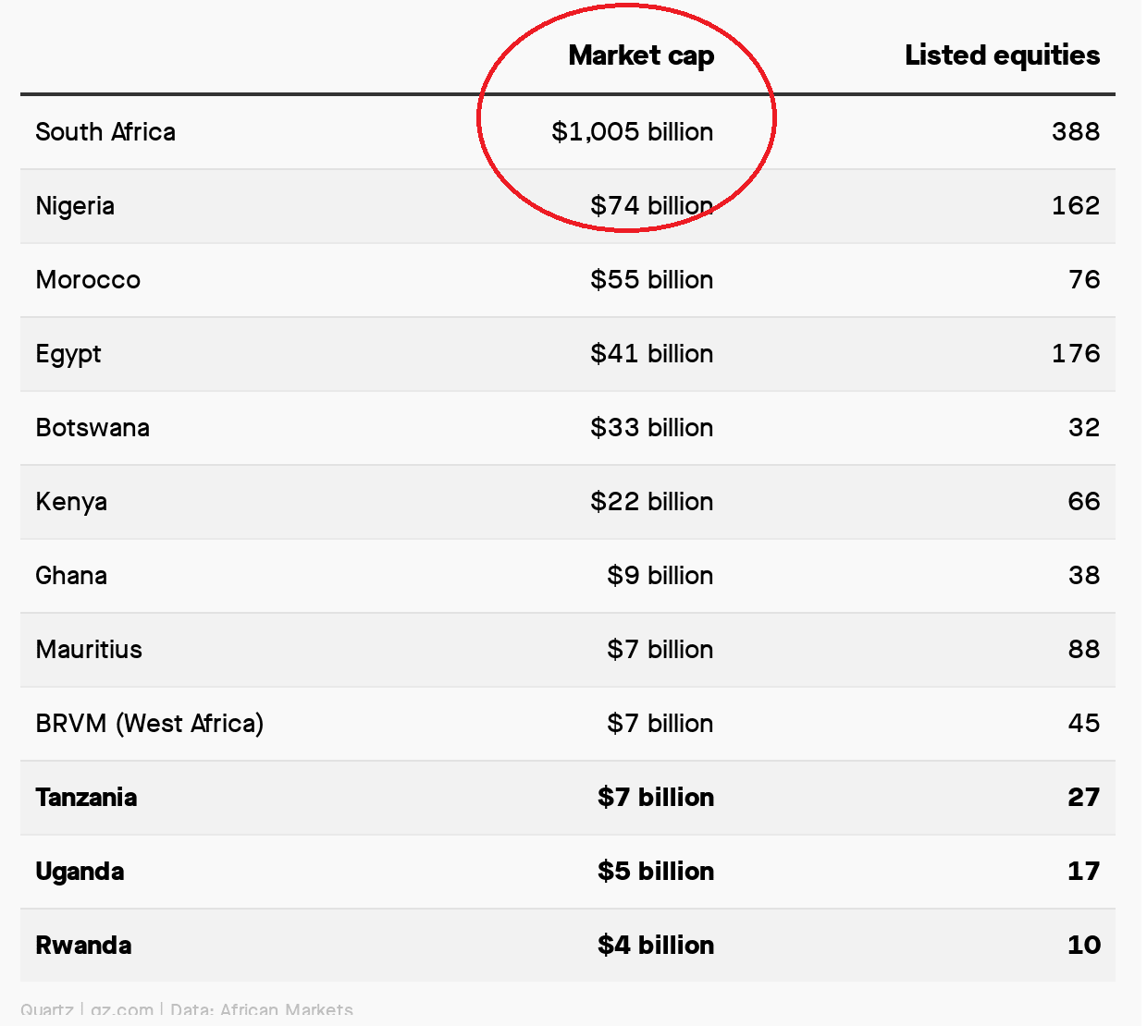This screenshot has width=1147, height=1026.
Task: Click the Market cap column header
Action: pyautogui.click(x=641, y=55)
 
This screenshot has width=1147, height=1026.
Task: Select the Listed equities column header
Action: pyautogui.click(x=1002, y=55)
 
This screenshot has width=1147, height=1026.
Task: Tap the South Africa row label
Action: pyautogui.click(x=105, y=132)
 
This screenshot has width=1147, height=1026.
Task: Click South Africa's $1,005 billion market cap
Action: pyautogui.click(x=632, y=132)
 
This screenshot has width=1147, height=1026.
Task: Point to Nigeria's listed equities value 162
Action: pyautogui.click(x=1075, y=206)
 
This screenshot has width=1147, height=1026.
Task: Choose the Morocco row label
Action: pyautogui.click(x=88, y=280)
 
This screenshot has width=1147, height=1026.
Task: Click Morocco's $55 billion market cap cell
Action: pyautogui.click(x=651, y=280)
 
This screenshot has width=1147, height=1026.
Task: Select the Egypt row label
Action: pyautogui.click(x=68, y=354)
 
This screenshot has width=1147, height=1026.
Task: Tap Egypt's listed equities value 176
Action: pyautogui.click(x=1075, y=354)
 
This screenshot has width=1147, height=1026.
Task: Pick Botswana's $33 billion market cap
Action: pyautogui.click(x=651, y=428)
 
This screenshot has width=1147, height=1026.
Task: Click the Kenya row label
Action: pyautogui.click(x=71, y=502)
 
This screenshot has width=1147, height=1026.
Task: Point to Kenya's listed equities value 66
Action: pyautogui.click(x=1083, y=502)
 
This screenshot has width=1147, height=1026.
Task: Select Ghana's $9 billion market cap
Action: pyautogui.click(x=660, y=576)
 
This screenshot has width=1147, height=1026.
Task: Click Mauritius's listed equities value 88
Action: pyautogui.click(x=1083, y=650)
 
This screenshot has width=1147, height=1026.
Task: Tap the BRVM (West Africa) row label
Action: pyautogui.click(x=149, y=724)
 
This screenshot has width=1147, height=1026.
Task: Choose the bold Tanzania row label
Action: pyautogui.click(x=86, y=798)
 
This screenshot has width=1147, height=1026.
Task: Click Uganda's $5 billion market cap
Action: pyautogui.click(x=655, y=872)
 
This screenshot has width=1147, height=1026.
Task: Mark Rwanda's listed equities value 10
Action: pyautogui.click(x=1083, y=946)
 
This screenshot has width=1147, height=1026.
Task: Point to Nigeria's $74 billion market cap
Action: pyautogui.click(x=651, y=206)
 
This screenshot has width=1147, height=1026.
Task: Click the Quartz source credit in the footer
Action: pyautogui.click(x=46, y=1010)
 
